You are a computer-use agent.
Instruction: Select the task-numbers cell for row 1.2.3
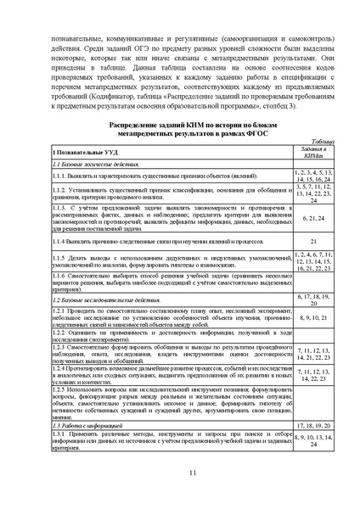pyautogui.click(x=312, y=354)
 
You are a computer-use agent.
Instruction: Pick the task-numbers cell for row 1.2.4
pyautogui.click(x=312, y=375)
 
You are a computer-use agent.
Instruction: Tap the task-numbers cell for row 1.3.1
pyautogui.click(x=312, y=438)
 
